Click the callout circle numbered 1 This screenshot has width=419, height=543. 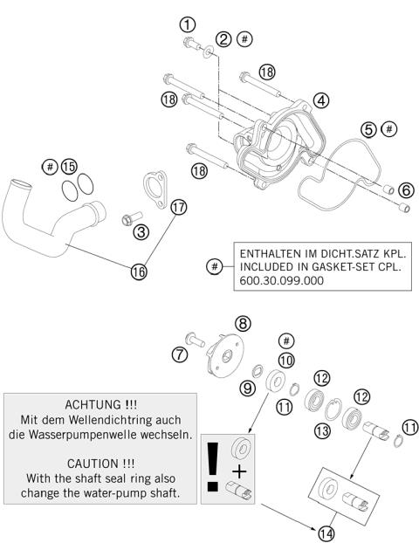(188, 24)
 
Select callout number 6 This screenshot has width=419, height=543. (406, 189)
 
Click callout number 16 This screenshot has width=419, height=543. (139, 271)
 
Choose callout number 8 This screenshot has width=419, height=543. (244, 323)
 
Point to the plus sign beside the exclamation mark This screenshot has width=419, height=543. (240, 471)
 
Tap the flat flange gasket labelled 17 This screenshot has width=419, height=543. (157, 190)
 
